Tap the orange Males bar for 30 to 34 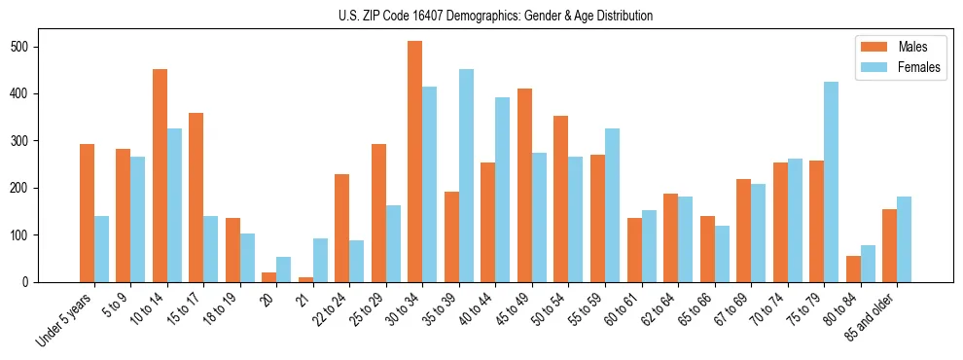415,162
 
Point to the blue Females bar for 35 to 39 466,175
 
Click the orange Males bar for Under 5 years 88,213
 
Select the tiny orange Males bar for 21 305,279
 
